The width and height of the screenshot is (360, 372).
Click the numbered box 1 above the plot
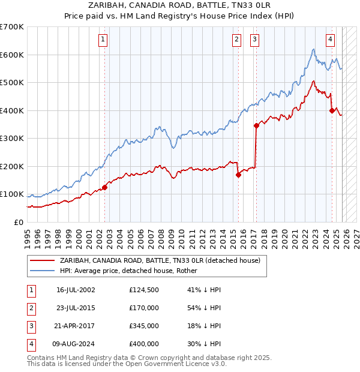[104, 40]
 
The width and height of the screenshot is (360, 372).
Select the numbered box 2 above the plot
[237, 40]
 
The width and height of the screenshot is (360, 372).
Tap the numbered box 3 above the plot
[255, 40]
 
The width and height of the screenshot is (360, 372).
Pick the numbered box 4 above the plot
[331, 40]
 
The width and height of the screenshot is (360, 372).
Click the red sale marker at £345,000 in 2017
[256, 125]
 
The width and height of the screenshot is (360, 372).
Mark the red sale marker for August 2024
[332, 110]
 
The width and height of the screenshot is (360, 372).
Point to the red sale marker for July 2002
[104, 187]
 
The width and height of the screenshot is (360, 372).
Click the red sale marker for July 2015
[238, 175]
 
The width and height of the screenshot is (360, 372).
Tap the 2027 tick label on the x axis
[356, 236]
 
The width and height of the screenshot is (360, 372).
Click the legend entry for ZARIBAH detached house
[159, 261]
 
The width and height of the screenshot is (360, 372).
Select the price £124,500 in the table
[143, 290]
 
